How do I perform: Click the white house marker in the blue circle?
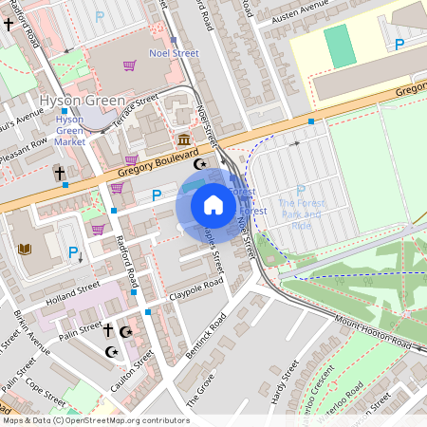click(213, 205)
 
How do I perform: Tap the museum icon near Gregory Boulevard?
click(183, 140)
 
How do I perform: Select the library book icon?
click(26, 250)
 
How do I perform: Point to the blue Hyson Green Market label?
click(69, 130)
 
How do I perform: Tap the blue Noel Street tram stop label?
click(174, 53)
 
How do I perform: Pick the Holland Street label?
click(74, 287)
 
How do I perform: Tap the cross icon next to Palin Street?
click(107, 330)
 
